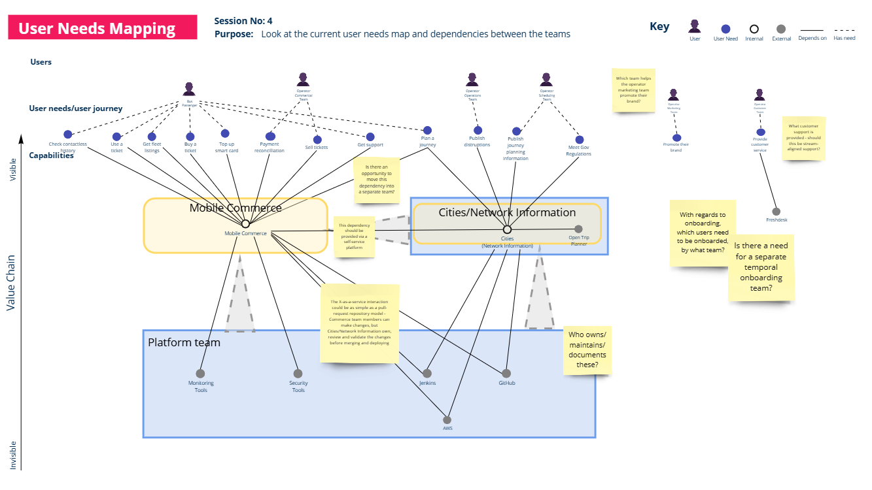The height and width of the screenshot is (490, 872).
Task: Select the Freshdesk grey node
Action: pyautogui.click(x=776, y=212)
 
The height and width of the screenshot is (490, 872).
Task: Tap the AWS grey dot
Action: pyautogui.click(x=447, y=419)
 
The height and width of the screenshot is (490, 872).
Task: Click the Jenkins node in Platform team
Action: pyautogui.click(x=427, y=374)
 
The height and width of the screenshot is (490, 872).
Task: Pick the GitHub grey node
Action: pyautogui.click(x=506, y=374)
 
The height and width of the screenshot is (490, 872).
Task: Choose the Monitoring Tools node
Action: pyautogui.click(x=201, y=374)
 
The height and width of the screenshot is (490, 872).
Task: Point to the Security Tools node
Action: pyautogui.click(x=298, y=374)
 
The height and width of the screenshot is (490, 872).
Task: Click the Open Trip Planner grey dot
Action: pyautogui.click(x=578, y=229)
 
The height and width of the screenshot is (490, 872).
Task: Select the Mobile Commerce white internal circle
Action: pyautogui.click(x=245, y=224)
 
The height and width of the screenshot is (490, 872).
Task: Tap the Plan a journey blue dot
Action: pyautogui.click(x=427, y=131)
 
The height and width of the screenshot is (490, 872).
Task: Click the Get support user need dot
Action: pyautogui.click(x=370, y=137)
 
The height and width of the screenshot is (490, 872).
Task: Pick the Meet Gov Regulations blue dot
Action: pyautogui.click(x=578, y=139)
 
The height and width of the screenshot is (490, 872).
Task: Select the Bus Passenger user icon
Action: pyautogui.click(x=189, y=89)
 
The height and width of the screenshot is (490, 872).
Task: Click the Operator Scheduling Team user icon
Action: pyautogui.click(x=547, y=80)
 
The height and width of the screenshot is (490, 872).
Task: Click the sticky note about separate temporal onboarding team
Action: pyautogui.click(x=761, y=268)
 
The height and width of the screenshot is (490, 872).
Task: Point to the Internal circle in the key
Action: pyautogui.click(x=754, y=29)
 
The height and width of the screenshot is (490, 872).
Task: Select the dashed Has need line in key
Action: pyautogui.click(x=845, y=30)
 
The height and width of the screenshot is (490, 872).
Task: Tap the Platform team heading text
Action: pyautogui.click(x=184, y=342)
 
